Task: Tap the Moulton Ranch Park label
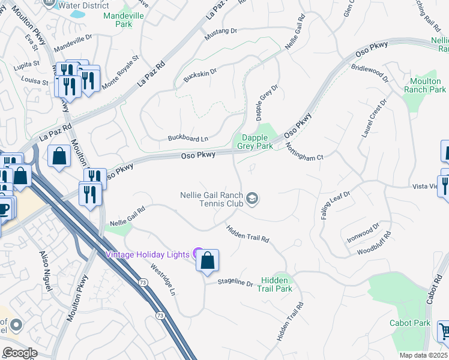(425, 85)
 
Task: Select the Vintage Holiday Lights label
(148, 254)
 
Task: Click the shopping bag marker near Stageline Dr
(207, 261)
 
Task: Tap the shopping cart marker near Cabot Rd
(443, 331)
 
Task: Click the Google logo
(20, 353)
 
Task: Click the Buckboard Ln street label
(188, 139)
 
